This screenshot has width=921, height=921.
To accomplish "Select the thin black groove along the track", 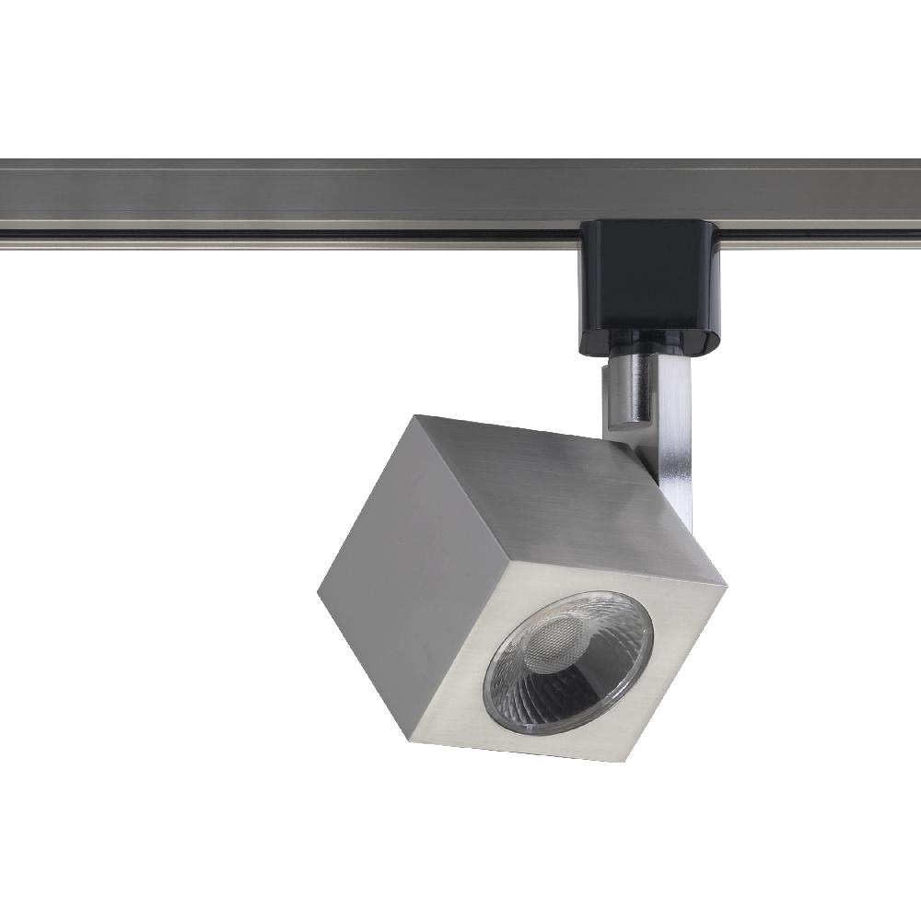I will pyautogui.click(x=276, y=236).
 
